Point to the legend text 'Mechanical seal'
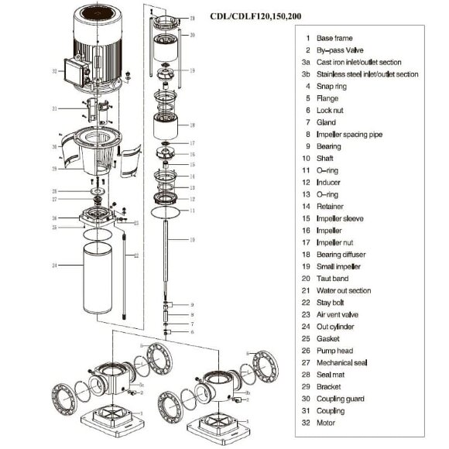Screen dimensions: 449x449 pos(346,362)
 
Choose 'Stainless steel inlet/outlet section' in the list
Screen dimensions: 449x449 pos(368,74)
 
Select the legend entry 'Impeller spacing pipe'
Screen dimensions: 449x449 pos(349,134)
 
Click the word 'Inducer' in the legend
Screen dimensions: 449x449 pos(329,182)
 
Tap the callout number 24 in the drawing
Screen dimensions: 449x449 pos(55,265)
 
